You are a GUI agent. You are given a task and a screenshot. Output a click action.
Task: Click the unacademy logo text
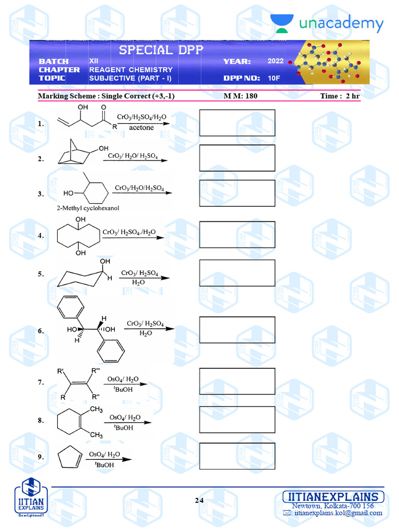(x=341, y=24)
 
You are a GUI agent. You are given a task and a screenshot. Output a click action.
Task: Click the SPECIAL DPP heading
(x=161, y=50)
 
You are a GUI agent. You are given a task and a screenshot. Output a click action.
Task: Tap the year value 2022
(x=276, y=61)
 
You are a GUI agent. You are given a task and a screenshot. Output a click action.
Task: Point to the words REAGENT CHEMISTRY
(x=131, y=70)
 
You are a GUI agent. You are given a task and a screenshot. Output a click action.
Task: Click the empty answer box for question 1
(x=237, y=123)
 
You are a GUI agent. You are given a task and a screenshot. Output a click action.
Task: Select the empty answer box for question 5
(x=237, y=273)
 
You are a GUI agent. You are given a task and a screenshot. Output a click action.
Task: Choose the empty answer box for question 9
(x=237, y=456)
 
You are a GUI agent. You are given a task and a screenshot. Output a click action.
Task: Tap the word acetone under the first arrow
(x=141, y=127)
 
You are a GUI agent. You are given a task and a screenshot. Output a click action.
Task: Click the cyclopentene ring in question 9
(x=72, y=457)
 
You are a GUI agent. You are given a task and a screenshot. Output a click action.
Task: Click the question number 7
(x=41, y=383)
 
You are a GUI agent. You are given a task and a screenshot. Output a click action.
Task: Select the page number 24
(x=199, y=501)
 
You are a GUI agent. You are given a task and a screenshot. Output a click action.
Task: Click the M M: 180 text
(x=241, y=96)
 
